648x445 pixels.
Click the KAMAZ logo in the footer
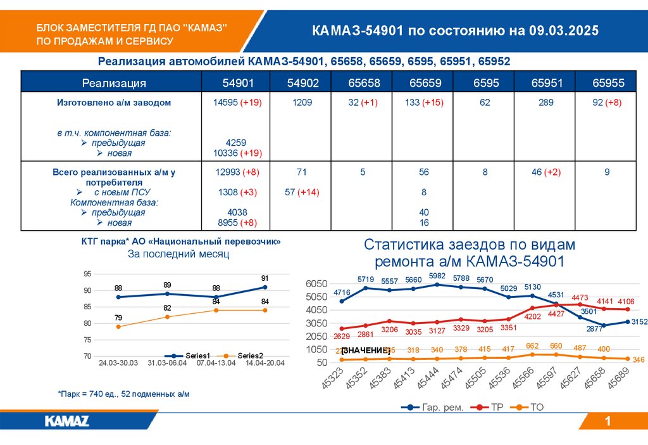[x=66, y=421]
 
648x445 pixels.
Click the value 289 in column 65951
[x=545, y=102]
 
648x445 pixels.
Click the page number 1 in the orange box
[x=607, y=422]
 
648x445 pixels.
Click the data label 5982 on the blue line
[x=437, y=275]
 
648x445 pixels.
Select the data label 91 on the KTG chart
[x=265, y=278]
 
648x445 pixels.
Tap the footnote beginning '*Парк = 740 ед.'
[x=123, y=394]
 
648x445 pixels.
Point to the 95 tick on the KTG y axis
[x=87, y=274]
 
